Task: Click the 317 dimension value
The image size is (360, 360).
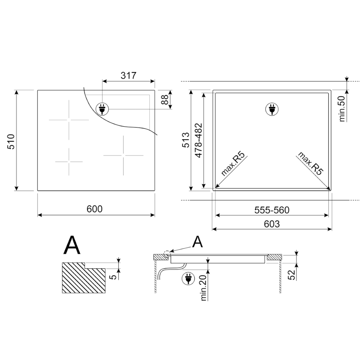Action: tap(128, 75)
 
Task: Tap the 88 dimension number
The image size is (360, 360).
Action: tap(165, 99)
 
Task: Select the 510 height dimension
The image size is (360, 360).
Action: tap(11, 142)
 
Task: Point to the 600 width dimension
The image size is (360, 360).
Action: tap(95, 209)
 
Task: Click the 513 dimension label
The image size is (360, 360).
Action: tap(186, 140)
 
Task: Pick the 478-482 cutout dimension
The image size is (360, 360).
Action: tap(198, 141)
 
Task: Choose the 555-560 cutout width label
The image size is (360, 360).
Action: tap(272, 210)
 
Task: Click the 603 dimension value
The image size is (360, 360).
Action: tap(272, 224)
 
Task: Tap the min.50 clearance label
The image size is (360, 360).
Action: tap(342, 109)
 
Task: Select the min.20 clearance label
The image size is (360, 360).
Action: tap(204, 288)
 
